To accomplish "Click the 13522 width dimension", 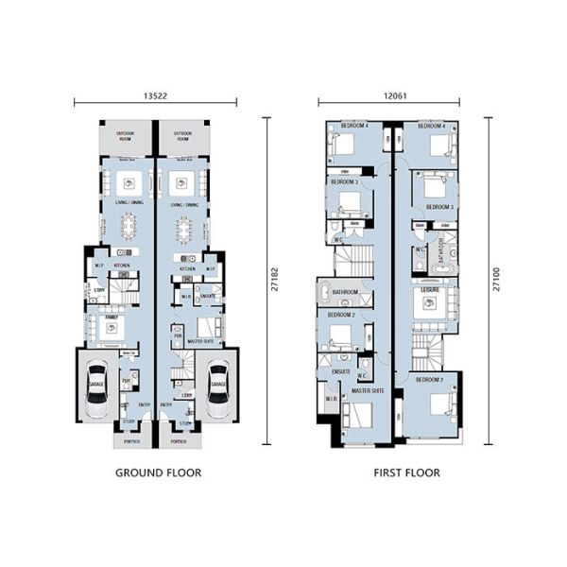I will (156, 95).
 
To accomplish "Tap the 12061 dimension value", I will (389, 95).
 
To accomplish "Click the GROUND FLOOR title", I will (158, 471).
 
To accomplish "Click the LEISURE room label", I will (430, 291).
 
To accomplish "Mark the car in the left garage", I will (97, 390).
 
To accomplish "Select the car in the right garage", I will (218, 390).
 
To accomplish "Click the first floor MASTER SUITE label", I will (369, 389).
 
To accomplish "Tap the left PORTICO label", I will (128, 440).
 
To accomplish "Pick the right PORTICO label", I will (179, 440).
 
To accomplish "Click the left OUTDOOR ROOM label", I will (126, 136).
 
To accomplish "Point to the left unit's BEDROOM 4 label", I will (354, 125).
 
